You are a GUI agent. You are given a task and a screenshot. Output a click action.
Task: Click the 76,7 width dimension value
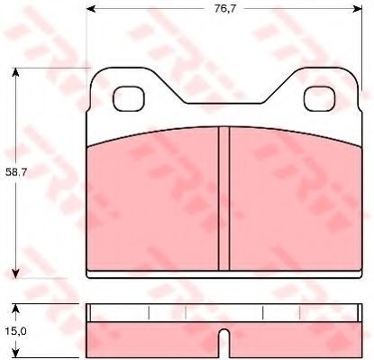[225, 9]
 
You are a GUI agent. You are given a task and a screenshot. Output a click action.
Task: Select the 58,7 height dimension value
[16, 172]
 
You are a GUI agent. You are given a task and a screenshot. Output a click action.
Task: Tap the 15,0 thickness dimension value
[16, 331]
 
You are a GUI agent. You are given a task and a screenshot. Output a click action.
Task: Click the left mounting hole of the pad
[129, 98]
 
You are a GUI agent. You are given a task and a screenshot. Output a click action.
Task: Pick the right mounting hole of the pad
[319, 98]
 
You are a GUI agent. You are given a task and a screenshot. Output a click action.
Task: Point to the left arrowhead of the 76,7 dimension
[91, 9]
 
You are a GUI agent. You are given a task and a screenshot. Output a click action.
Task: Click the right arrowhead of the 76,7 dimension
[358, 9]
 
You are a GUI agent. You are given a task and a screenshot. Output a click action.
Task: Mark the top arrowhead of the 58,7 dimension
[15, 72]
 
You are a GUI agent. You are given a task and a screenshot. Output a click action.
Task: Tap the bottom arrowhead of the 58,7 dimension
[15, 273]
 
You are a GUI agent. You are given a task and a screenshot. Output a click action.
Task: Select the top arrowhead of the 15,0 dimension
[15, 309]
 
